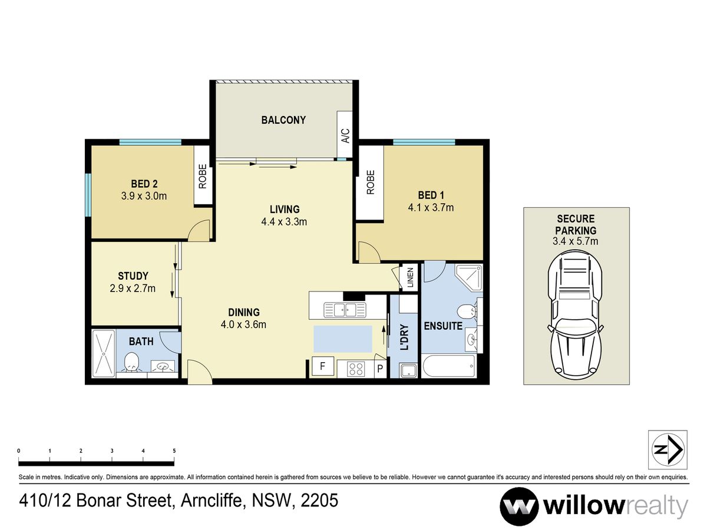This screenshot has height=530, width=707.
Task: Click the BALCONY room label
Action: (x=283, y=120)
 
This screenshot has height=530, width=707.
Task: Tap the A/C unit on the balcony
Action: (x=344, y=134)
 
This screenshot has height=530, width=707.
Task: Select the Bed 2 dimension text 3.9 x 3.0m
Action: (x=144, y=196)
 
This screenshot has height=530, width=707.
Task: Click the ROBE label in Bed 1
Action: (x=371, y=182)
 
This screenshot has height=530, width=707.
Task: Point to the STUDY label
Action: (x=133, y=276)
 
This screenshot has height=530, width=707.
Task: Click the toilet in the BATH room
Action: (x=131, y=362)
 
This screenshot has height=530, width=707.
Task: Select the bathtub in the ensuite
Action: (x=448, y=366)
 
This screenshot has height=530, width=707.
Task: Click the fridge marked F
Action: (x=322, y=366)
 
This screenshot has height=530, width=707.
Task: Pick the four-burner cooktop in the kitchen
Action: (x=356, y=369)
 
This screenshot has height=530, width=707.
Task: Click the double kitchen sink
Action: (x=345, y=310)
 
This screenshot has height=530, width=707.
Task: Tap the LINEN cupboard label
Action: (x=410, y=277)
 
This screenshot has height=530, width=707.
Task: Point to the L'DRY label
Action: (x=404, y=337)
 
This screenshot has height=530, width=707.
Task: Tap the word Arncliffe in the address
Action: (x=212, y=501)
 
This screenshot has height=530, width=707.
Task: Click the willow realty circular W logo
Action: (x=519, y=507)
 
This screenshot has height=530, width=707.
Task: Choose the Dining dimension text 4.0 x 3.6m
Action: (x=243, y=324)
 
